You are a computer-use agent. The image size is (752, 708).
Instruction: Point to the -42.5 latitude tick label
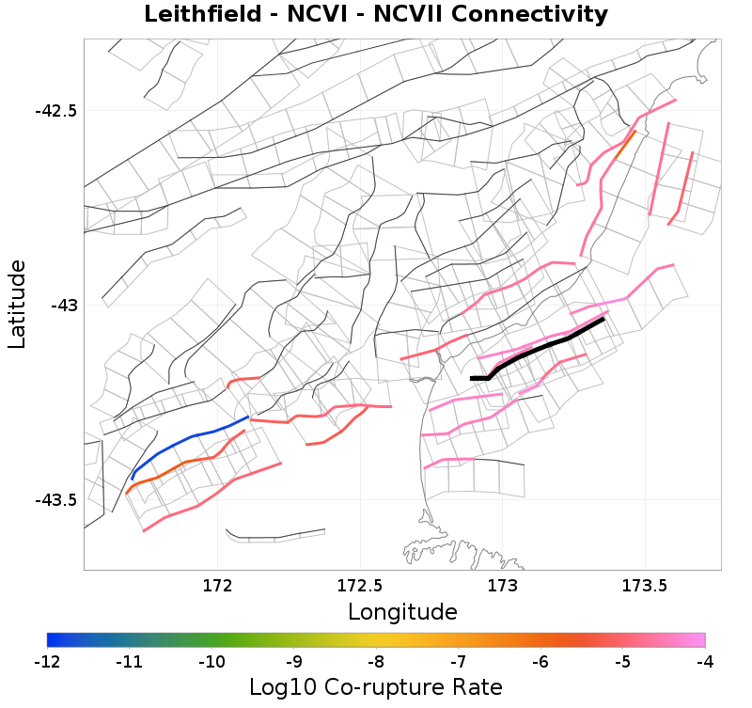[x=56, y=111]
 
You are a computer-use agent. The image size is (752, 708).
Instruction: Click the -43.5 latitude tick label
[x=56, y=499]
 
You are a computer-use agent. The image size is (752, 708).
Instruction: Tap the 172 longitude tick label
[x=217, y=586]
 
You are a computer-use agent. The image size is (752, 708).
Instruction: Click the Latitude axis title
[x=17, y=306]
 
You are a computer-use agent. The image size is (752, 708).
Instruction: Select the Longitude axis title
[x=402, y=612]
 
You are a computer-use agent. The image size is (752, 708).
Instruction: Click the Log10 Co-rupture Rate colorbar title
[x=375, y=686]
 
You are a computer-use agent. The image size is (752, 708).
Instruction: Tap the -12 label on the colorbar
[x=47, y=662]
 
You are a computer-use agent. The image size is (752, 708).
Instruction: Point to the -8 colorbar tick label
[x=375, y=662]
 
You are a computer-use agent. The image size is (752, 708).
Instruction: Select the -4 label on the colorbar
[x=704, y=662]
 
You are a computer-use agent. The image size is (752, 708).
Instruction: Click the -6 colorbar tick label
[x=540, y=662]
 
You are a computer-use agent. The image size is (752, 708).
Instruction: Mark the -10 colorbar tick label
[x=211, y=662]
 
